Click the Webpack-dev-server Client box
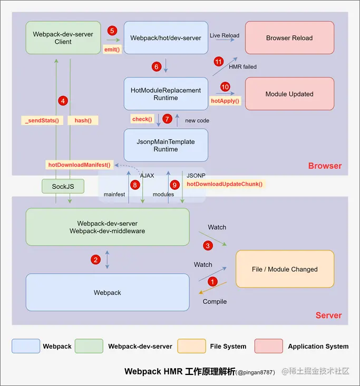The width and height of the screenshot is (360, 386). pyautogui.click(x=63, y=38)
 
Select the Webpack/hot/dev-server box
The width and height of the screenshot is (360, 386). pyautogui.click(x=166, y=38)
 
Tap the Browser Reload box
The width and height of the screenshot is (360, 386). pyautogui.click(x=289, y=38)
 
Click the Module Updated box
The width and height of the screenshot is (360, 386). pyautogui.click(x=289, y=94)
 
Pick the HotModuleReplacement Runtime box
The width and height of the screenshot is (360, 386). pyautogui.click(x=166, y=94)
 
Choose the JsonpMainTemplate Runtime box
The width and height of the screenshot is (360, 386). pyautogui.click(x=166, y=145)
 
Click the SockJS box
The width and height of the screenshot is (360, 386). pyautogui.click(x=63, y=187)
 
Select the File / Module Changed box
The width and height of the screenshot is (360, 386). pyautogui.click(x=285, y=269)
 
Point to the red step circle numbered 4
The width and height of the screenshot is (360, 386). pyautogui.click(x=63, y=100)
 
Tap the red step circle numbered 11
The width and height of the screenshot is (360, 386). pyautogui.click(x=219, y=62)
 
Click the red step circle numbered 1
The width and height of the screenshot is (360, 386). pyautogui.click(x=212, y=282)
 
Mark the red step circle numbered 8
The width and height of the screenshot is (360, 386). pyautogui.click(x=135, y=185)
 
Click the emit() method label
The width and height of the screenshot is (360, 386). pyautogui.click(x=112, y=50)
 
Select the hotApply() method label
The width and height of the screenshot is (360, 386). pyautogui.click(x=225, y=101)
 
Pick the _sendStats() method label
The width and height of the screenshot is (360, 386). pyautogui.click(x=42, y=120)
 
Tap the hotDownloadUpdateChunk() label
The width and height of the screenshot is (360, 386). pyautogui.click(x=225, y=184)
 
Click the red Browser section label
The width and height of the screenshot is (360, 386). pyautogui.click(x=325, y=166)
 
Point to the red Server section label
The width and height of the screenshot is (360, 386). pyautogui.click(x=328, y=315)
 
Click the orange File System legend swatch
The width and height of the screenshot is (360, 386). pyautogui.click(x=192, y=346)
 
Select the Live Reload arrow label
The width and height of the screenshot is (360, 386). pyautogui.click(x=225, y=35)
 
